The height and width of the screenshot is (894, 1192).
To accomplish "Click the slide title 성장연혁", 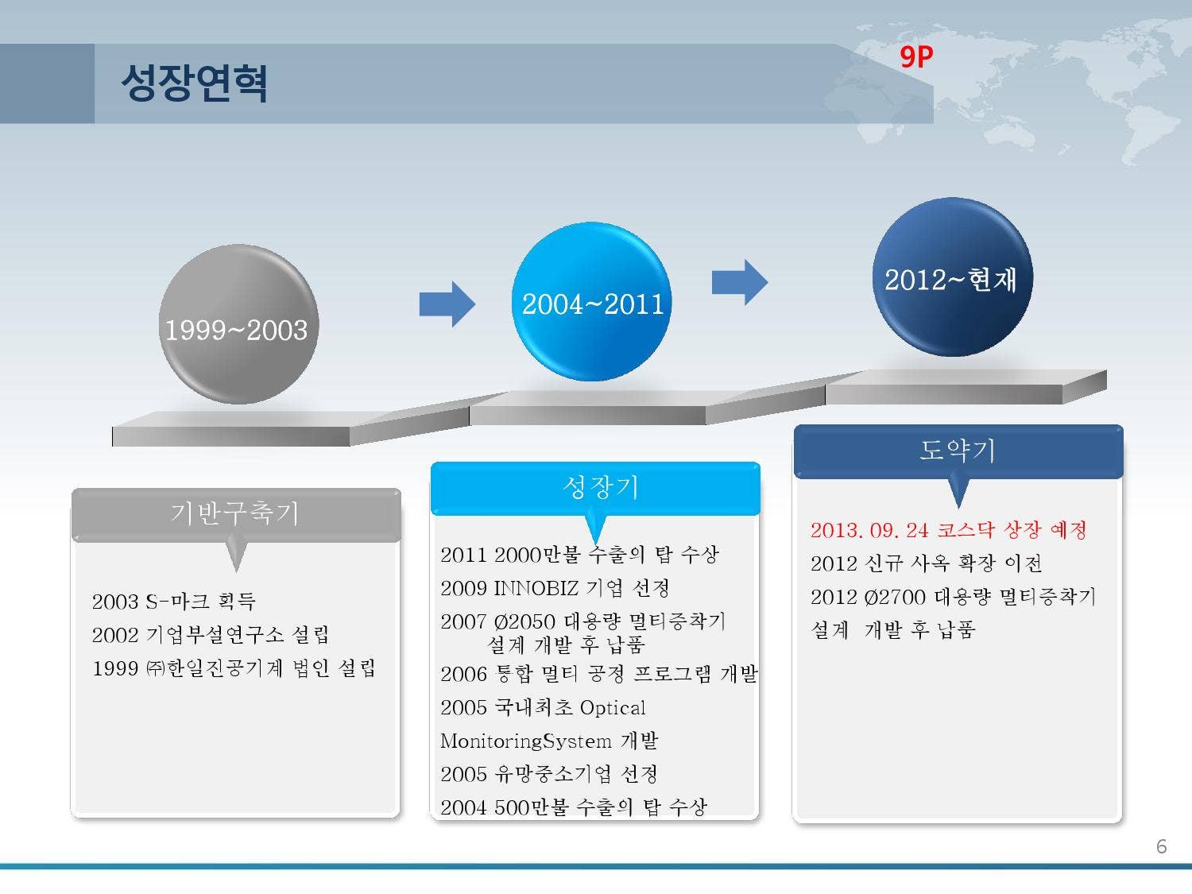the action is click(194, 83).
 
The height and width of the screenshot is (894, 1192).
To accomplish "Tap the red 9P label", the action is click(916, 56).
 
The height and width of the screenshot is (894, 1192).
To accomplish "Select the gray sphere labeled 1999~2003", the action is click(238, 324).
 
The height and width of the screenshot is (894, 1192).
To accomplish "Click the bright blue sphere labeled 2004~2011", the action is click(591, 301).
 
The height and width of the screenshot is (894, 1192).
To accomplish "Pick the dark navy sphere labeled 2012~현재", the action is click(953, 277).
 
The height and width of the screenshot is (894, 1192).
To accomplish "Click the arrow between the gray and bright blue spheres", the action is click(447, 304).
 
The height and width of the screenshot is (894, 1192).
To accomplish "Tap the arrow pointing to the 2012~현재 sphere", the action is click(740, 282).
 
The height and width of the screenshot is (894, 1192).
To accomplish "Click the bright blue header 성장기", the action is click(595, 487).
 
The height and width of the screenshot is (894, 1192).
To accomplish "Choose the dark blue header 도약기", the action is click(958, 451).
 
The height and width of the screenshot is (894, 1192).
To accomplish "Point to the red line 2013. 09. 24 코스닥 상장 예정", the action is click(948, 530).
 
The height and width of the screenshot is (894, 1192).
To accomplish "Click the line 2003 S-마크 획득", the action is click(174, 601).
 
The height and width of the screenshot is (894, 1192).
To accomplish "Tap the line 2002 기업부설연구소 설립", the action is click(210, 634).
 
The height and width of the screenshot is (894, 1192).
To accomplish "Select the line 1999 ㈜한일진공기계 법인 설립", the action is click(234, 668).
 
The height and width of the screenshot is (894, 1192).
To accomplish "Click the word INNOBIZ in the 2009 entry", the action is click(536, 588).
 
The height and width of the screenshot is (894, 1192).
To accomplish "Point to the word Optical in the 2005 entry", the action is click(613, 708).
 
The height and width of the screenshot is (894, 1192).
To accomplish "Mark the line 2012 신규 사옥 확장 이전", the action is click(926, 563).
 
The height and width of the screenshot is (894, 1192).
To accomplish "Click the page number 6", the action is click(1162, 846).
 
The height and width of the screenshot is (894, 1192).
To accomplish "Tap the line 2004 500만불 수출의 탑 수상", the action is click(574, 807).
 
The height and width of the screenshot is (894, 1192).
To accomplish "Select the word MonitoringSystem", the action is click(526, 741).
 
